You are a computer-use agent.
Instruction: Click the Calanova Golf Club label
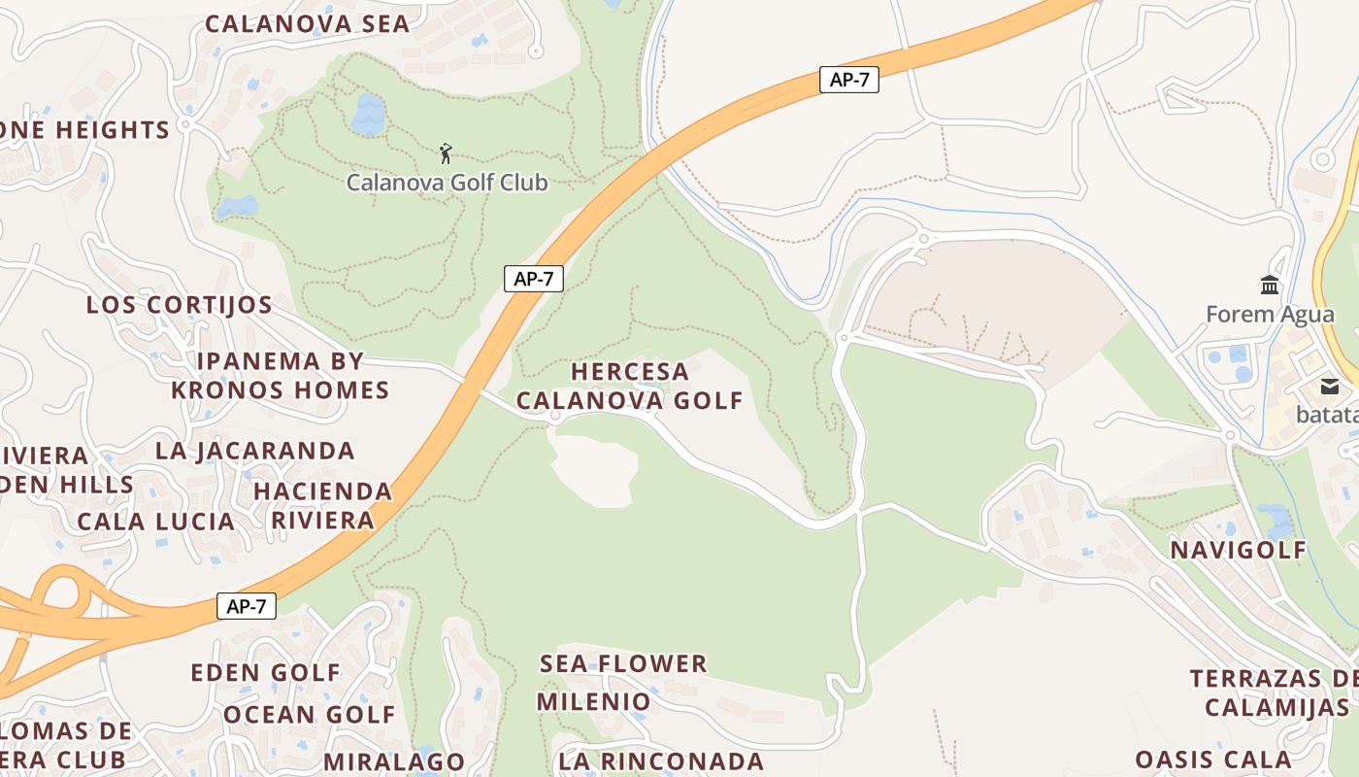coord(447,182)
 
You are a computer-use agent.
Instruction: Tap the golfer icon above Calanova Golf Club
coord(446,153)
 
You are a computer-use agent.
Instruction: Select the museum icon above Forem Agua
coord(1270,285)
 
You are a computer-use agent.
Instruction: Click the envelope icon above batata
coord(1329,387)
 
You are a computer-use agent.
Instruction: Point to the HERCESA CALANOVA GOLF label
coord(629,386)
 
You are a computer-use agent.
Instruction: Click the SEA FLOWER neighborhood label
coord(623,664)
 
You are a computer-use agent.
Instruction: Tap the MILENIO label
coord(594,701)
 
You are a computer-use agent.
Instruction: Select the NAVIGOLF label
coord(1239,550)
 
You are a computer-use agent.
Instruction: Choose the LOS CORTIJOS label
coord(180,305)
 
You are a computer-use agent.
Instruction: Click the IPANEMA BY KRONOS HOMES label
coord(281,376)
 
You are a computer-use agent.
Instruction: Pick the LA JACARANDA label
coord(255,451)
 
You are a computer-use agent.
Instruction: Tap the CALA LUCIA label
coord(156,522)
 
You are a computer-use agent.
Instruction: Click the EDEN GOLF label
coord(266,672)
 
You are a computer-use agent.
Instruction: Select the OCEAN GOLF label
coord(310,715)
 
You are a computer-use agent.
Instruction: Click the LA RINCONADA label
coord(661,760)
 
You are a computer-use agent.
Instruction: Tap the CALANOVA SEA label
coord(308,24)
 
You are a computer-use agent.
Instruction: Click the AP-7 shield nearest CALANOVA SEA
coord(848,80)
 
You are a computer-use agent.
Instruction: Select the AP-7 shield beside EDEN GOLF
coord(246,606)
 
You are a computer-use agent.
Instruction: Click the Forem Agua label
coord(1270,315)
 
